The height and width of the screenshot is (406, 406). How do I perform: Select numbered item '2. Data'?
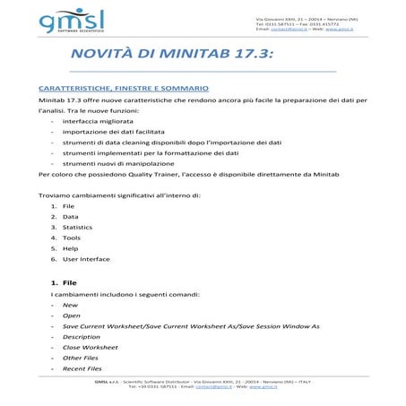[70, 217]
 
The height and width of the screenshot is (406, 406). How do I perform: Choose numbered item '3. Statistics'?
[77, 228]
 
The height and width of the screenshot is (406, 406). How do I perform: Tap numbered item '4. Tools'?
[71, 238]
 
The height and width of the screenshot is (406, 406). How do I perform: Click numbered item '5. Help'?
[70, 248]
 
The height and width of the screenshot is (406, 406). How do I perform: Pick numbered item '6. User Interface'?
[86, 259]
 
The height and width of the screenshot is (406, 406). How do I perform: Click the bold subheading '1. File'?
[63, 283]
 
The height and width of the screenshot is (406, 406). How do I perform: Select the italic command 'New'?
[70, 305]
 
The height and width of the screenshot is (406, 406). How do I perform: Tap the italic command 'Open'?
[71, 315]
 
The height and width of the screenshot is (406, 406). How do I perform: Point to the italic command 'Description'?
[81, 337]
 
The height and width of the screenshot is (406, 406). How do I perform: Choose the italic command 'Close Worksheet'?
[90, 347]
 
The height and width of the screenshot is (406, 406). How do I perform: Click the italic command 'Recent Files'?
[82, 368]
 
